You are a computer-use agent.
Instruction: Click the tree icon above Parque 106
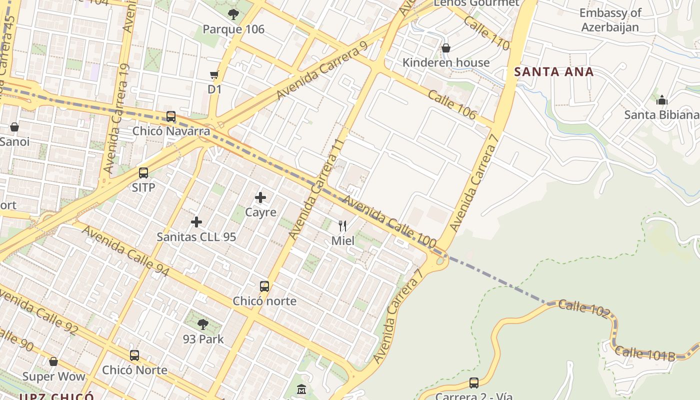point(233,14)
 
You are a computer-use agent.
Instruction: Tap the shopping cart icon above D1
point(214,75)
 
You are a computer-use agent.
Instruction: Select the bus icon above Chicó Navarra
point(171,116)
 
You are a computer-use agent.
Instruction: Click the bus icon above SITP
point(143,173)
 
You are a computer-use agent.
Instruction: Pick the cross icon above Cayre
point(260,197)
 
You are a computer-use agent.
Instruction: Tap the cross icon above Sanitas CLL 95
point(196,222)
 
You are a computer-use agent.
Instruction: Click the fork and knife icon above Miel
point(342,226)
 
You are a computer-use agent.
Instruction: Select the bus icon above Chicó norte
point(264,286)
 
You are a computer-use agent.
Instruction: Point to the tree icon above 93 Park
point(203,324)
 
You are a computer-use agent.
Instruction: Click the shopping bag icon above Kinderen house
point(445,48)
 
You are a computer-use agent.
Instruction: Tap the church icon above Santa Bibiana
point(662,100)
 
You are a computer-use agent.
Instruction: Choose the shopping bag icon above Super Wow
point(53,361)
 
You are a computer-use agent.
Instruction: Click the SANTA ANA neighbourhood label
point(554,72)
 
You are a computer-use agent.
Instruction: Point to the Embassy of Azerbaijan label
point(610,20)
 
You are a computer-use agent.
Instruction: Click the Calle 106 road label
point(452,105)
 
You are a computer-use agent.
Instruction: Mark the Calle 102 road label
point(584,309)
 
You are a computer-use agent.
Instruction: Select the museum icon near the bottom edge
point(302,389)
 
